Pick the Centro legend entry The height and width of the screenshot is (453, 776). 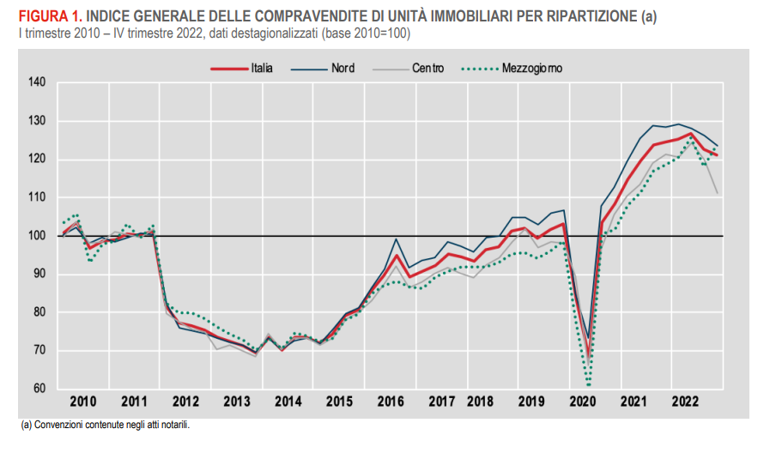click(x=427, y=68)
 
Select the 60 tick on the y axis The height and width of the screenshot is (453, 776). click(x=38, y=389)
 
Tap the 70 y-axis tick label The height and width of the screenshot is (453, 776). click(x=38, y=350)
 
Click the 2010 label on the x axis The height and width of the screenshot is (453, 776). click(x=82, y=402)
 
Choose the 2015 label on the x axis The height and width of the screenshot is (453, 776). click(x=340, y=402)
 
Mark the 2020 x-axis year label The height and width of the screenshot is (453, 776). click(x=583, y=402)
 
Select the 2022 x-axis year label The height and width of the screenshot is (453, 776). click(x=685, y=402)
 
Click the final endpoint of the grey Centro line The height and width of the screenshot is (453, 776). click(x=718, y=193)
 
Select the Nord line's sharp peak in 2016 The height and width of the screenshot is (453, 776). click(x=396, y=239)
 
